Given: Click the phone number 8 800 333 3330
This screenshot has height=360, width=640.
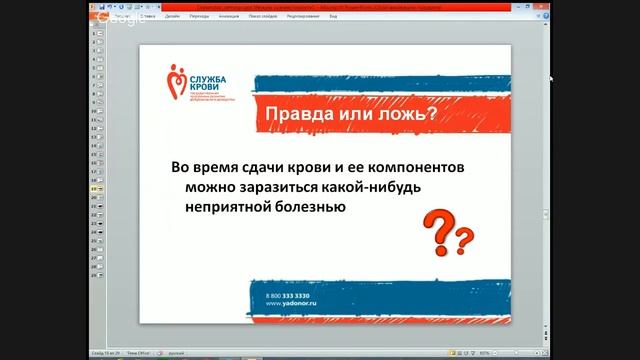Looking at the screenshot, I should click(288, 297).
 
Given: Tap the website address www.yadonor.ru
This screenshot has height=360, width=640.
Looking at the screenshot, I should click(289, 305).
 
